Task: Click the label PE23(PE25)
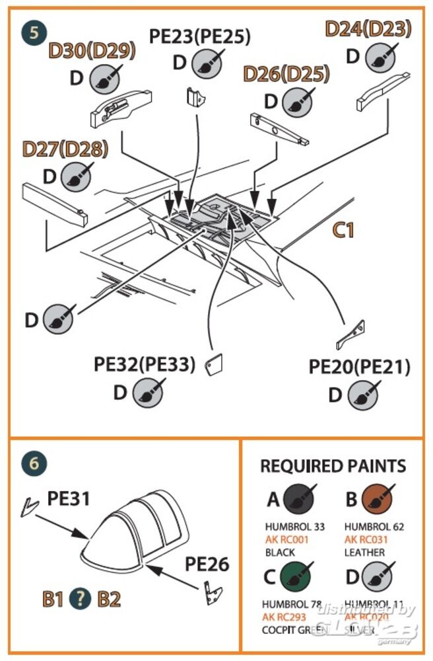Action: pos(199,36)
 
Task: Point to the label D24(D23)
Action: pos(368,28)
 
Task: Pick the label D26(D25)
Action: pos(286,74)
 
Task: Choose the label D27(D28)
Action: pos(65,149)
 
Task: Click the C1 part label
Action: pos(343,230)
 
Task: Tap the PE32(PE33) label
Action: pos(145,364)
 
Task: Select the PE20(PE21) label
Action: pos(359,367)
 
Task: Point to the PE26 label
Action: pos(207,564)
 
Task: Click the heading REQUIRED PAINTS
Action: pos(333,465)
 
